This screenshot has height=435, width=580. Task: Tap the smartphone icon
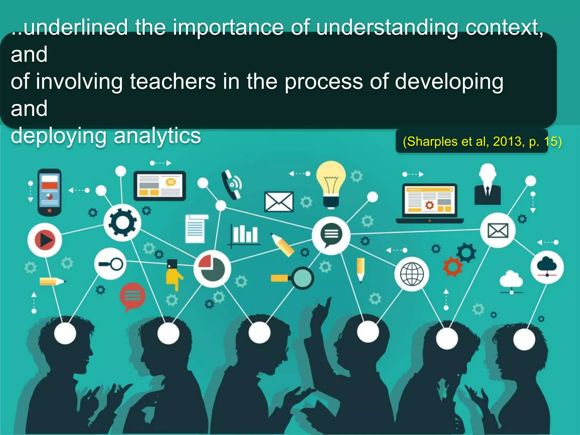pos(50,192)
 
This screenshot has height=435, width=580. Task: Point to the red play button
pos(45,240)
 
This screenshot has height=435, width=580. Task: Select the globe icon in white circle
pos(412,274)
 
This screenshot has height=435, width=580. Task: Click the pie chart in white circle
pos(212,268)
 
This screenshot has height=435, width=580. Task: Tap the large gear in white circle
pos(122,223)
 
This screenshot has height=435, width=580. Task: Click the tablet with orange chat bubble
pos(160,186)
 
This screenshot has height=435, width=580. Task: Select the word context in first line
pos(503,28)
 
